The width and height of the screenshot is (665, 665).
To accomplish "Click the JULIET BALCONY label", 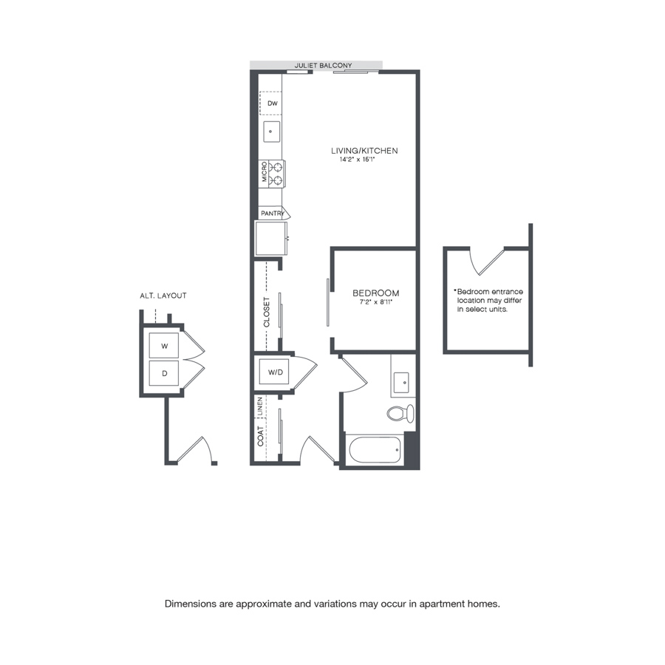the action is (323, 65).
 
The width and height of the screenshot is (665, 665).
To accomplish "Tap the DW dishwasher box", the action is (270, 103).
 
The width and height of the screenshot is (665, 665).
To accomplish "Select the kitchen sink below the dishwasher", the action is (271, 132).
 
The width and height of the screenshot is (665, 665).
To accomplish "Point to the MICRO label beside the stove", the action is (265, 171).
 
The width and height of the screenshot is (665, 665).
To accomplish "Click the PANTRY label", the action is (272, 214).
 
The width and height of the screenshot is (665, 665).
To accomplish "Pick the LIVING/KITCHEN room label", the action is (364, 151).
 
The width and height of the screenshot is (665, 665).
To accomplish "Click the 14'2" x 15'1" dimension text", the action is (357, 160).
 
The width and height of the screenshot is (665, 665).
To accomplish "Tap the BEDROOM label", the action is (376, 293).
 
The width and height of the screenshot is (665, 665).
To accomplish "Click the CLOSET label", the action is (267, 312).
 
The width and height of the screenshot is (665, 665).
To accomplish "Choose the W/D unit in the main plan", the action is (274, 372).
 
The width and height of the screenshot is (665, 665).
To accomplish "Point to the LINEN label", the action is (260, 406).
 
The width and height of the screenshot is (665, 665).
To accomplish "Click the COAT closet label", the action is (260, 436).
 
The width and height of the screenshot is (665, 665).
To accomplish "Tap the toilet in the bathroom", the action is (400, 413).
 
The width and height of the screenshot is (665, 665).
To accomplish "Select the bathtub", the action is (375, 450).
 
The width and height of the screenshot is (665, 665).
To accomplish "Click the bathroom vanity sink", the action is (400, 383).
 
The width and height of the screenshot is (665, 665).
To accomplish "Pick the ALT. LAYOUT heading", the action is (163, 296).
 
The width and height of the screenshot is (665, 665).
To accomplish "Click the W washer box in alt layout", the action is (164, 346).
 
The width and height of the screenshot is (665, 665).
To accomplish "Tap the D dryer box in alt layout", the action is (164, 373).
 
